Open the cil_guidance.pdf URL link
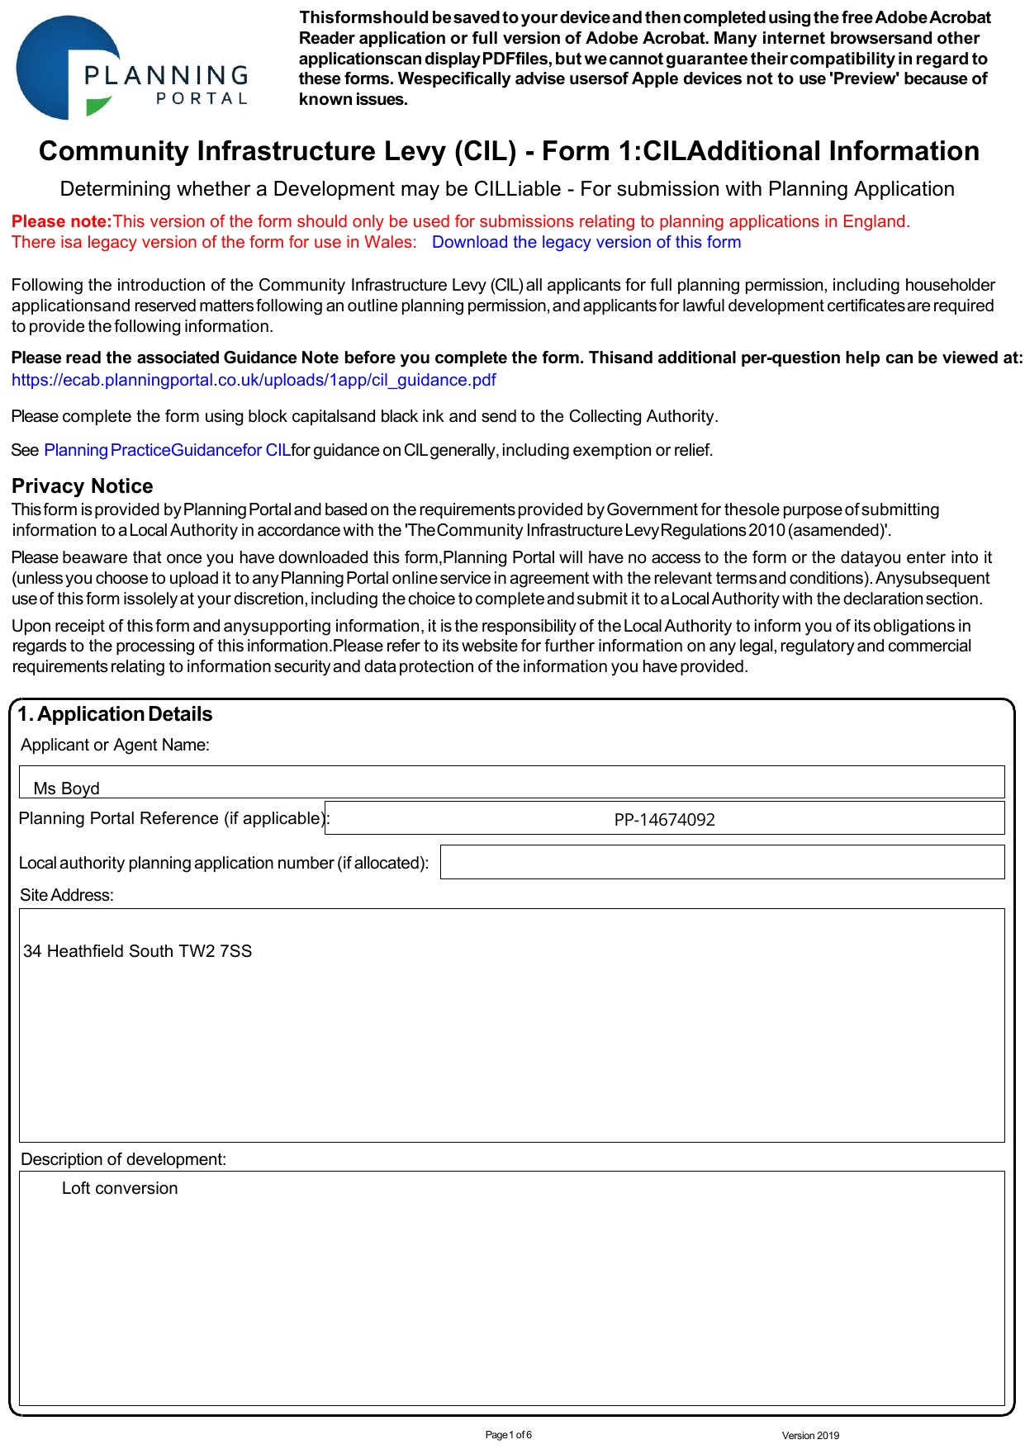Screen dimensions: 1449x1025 [254, 380]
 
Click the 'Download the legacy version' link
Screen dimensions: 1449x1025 [586, 242]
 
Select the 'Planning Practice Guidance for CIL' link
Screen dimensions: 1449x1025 [167, 450]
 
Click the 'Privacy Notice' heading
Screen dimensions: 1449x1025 [82, 486]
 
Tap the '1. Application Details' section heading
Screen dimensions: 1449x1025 [115, 714]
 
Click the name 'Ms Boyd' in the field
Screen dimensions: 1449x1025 [66, 788]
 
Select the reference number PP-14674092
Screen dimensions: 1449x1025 [664, 820]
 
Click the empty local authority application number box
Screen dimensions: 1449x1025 [722, 862]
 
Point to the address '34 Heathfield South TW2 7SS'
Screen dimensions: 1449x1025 [137, 951]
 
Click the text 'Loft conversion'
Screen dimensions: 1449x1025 [120, 1188]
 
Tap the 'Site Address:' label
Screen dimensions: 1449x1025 [67, 895]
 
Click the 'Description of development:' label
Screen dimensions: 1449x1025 [123, 1159]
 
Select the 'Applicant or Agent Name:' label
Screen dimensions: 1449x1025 [115, 745]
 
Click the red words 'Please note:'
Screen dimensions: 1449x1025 [61, 221]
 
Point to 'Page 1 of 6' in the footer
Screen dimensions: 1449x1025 [508, 1435]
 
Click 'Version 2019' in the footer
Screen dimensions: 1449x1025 [809, 1436]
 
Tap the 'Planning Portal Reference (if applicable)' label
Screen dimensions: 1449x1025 [173, 818]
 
